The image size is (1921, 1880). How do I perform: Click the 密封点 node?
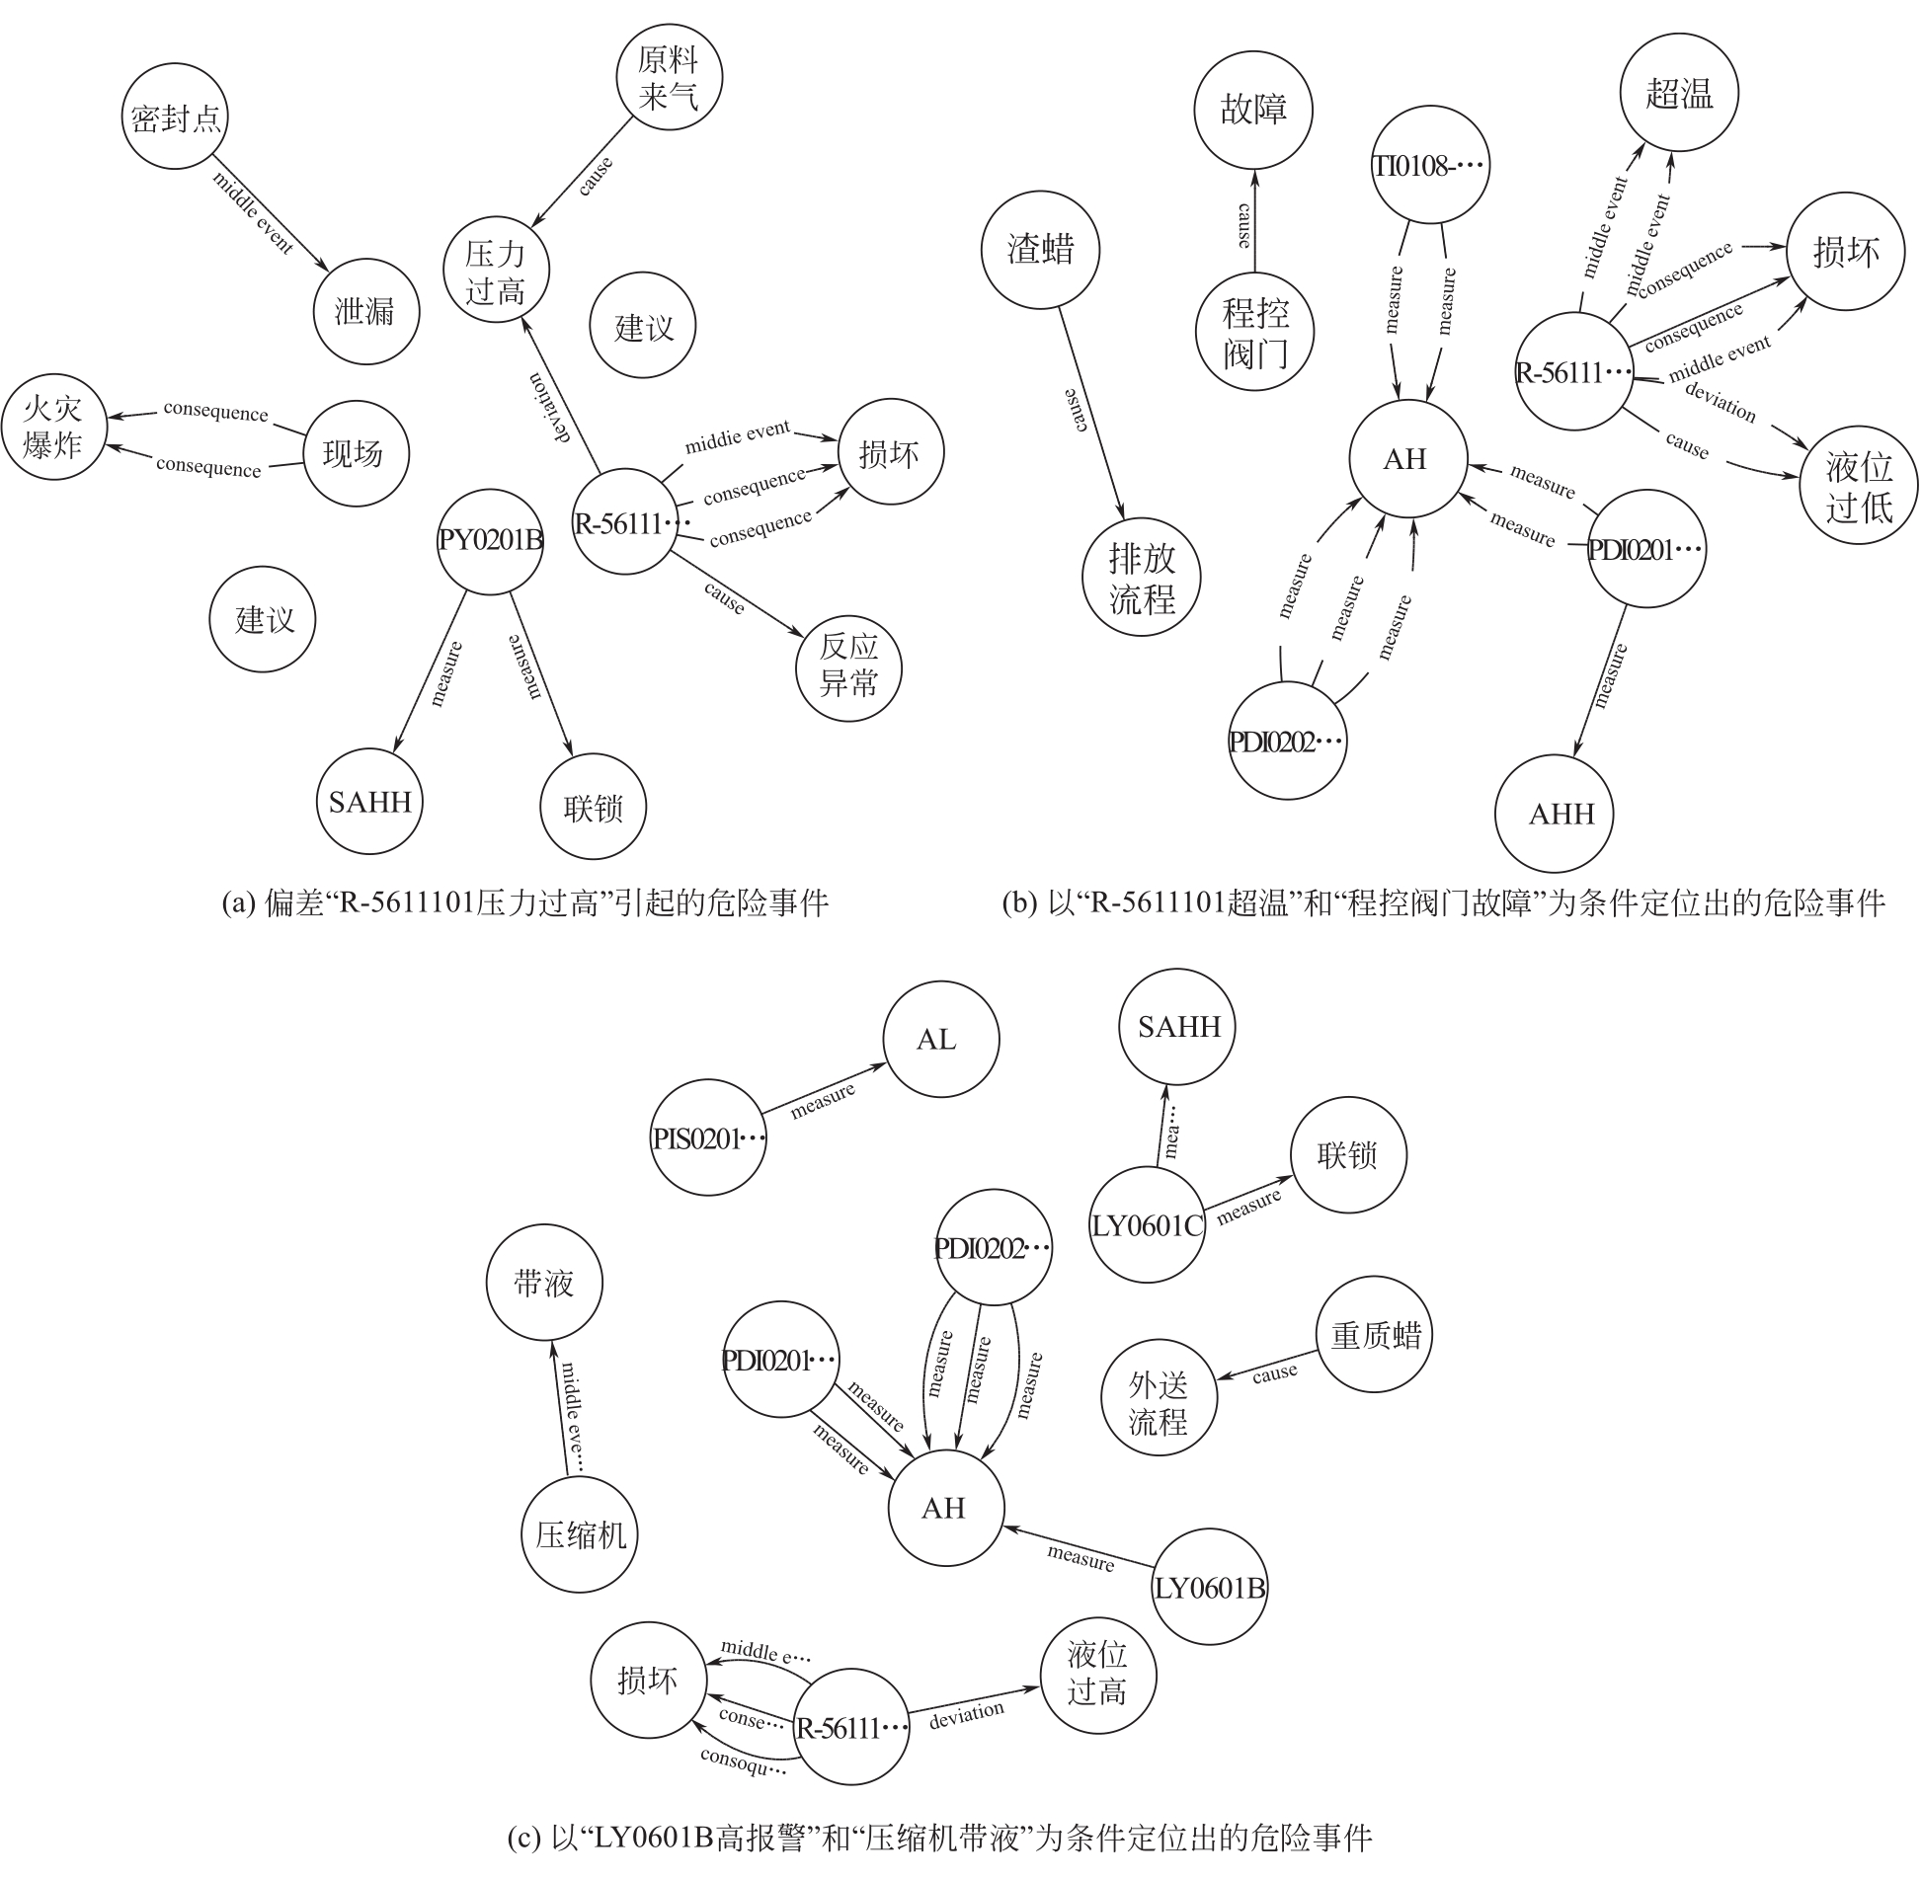coord(176,118)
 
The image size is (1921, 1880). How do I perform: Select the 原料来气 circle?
coord(669,78)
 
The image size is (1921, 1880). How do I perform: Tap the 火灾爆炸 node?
coord(53,428)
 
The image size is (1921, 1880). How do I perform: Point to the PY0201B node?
coord(490,542)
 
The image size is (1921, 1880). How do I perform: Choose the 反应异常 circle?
coord(848,666)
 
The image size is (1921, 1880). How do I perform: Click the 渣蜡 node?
coord(1040,250)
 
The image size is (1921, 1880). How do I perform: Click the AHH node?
coord(1561,815)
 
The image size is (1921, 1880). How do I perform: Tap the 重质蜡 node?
coord(1375,1336)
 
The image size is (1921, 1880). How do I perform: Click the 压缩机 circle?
coord(581,1534)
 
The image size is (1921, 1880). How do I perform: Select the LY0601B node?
coord(1210,1589)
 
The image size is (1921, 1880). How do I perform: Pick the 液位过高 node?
coord(1097,1674)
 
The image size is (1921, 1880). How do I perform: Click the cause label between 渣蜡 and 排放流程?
coord(1077,410)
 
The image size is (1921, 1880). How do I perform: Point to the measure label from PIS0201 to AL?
coord(823,1101)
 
